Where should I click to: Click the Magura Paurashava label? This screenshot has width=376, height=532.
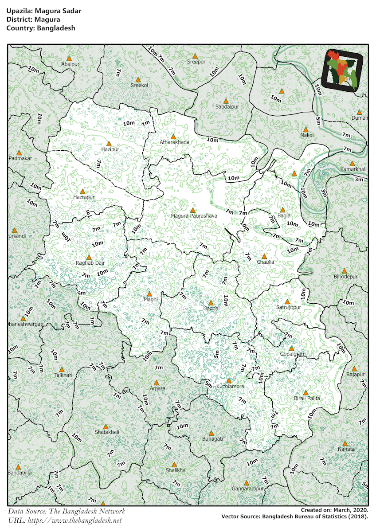pyautogui.click(x=194, y=216)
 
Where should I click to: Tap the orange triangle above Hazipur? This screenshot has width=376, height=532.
pyautogui.click(x=110, y=143)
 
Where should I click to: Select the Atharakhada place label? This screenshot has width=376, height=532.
pyautogui.click(x=174, y=142)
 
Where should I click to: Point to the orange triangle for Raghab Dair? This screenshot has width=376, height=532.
pyautogui.click(x=89, y=257)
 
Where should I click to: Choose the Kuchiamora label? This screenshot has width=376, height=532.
pyautogui.click(x=230, y=387)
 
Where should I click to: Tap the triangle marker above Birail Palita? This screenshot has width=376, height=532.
pyautogui.click(x=305, y=392)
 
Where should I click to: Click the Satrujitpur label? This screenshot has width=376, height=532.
pyautogui.click(x=289, y=307)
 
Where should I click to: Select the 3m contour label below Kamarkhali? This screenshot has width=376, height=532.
pyautogui.click(x=359, y=180)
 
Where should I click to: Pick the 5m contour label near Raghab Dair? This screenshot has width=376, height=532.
pyautogui.click(x=81, y=293)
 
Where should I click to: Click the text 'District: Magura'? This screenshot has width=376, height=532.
pyautogui.click(x=33, y=20)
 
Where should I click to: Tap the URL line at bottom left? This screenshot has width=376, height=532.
pyautogui.click(x=65, y=520)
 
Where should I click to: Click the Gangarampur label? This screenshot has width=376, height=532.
pyautogui.click(x=247, y=489)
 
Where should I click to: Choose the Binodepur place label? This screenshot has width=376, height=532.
pyautogui.click(x=345, y=277)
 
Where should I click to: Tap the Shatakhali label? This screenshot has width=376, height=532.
pyautogui.click(x=107, y=432)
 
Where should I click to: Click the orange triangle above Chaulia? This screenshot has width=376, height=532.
pyautogui.click(x=264, y=256)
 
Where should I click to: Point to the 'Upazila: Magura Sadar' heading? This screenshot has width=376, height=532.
pyautogui.click(x=44, y=11)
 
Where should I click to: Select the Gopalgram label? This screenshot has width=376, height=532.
pyautogui.click(x=293, y=354)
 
